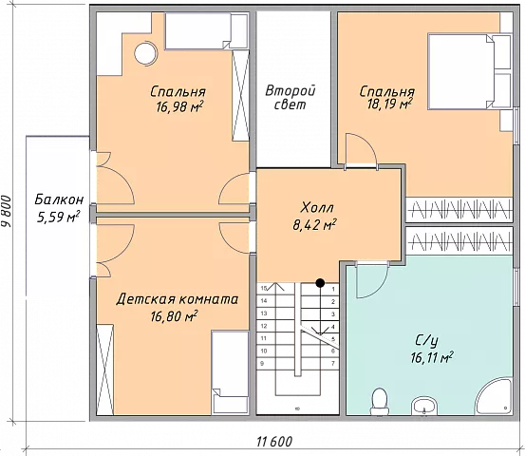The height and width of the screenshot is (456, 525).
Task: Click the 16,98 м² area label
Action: (179, 107)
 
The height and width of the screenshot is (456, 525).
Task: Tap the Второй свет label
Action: (290, 98)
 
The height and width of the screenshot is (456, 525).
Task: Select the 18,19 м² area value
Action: (389, 104)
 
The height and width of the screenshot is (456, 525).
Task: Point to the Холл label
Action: (317, 208)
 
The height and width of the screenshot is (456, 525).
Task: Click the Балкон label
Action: (59, 199)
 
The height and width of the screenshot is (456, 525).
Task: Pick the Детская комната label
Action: (178, 299)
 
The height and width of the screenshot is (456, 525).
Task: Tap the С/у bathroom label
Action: (426, 341)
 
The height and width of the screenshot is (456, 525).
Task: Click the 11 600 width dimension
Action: (274, 442)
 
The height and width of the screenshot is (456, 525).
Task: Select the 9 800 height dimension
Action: (7, 211)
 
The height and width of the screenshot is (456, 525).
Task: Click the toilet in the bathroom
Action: (380, 401)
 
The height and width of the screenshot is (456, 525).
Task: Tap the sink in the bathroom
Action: (424, 406)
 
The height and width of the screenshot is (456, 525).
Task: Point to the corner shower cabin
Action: (495, 397)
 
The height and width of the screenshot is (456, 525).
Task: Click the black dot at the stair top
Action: (321, 283)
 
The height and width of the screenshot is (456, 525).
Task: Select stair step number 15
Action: (264, 288)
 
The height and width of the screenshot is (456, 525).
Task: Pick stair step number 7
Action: (333, 363)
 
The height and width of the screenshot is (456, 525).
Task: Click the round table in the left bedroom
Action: (145, 53)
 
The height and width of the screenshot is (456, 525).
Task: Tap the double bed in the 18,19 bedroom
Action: (469, 71)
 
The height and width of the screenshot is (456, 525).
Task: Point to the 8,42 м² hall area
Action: (314, 225)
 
